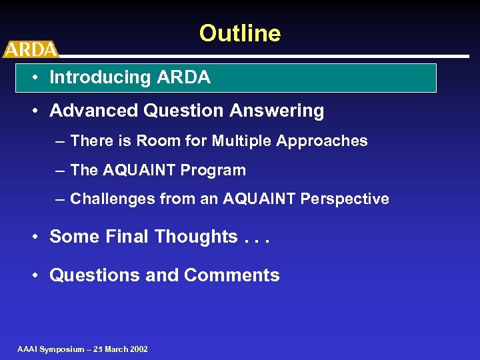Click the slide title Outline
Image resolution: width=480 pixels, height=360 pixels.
coord(239,33)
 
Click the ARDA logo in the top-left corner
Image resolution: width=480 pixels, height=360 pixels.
coord(30,49)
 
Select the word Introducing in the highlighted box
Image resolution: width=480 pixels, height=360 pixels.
coord(101,77)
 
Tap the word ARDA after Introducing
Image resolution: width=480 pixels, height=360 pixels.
coord(184,77)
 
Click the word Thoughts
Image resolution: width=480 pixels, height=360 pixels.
coord(196,237)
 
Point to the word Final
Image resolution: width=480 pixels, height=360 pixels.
coord(129,237)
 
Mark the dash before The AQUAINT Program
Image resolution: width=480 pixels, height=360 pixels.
coord(60,171)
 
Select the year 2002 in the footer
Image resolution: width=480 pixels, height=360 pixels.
coord(139,349)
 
